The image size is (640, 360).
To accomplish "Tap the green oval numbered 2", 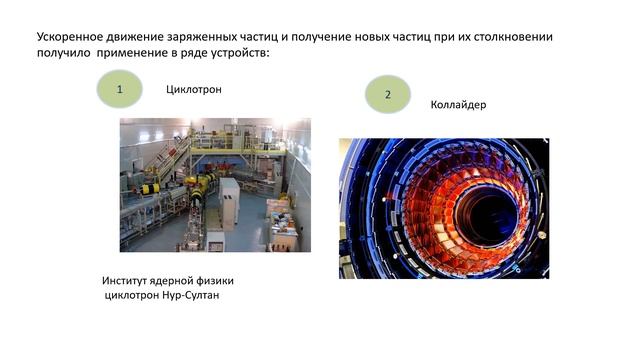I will [x=387, y=94].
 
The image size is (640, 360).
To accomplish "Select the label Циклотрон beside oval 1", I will [x=193, y=90].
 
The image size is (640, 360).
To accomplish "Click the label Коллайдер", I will [x=458, y=104].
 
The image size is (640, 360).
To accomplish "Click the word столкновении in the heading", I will [x=512, y=37].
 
